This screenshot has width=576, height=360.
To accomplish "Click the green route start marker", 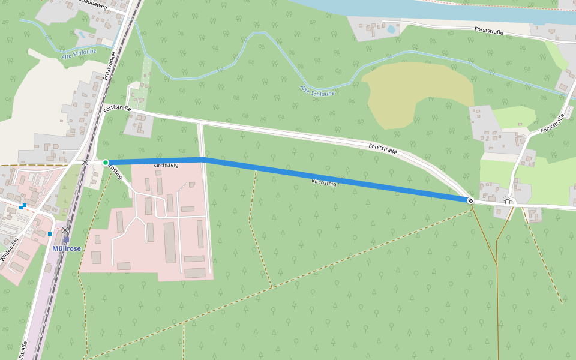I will (106, 163).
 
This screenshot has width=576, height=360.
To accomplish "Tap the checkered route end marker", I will (470, 200).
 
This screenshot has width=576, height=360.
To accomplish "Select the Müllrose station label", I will (66, 248).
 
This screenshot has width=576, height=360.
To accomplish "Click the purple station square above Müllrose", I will (65, 239).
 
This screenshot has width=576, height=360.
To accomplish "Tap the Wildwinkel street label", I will (9, 248).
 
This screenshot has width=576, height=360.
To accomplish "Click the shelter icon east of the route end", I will (508, 200).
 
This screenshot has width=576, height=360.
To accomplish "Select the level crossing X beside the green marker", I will (85, 162).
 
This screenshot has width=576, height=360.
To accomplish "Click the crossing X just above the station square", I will (65, 230).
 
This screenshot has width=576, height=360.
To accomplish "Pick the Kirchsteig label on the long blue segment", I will (324, 182).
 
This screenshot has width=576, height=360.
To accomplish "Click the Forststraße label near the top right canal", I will (488, 30).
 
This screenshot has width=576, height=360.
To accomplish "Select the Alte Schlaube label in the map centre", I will (317, 91).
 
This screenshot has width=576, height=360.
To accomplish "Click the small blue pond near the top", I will (391, 29).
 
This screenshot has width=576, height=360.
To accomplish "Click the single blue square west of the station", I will (49, 233).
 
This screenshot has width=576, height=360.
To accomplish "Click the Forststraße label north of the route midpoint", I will (383, 148).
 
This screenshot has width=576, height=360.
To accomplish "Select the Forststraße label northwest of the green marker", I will (116, 109).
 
